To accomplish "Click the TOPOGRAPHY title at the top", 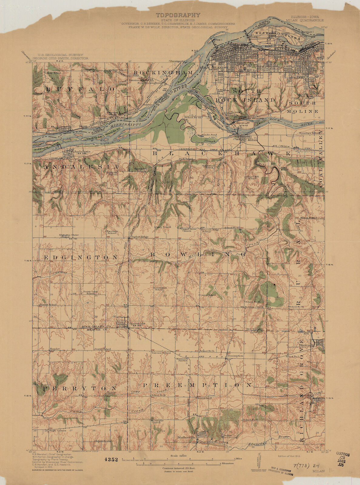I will [x=178, y=15].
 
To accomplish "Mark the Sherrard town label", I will [x=305, y=345].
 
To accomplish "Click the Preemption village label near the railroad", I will [x=236, y=356].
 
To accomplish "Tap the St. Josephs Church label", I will [x=157, y=421].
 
